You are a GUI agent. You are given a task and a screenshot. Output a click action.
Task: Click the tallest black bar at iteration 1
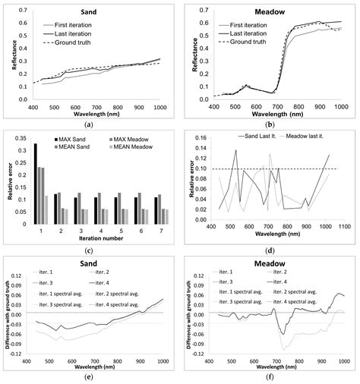point(34,182)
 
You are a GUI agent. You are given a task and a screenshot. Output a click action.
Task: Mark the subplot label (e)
point(90,377)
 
